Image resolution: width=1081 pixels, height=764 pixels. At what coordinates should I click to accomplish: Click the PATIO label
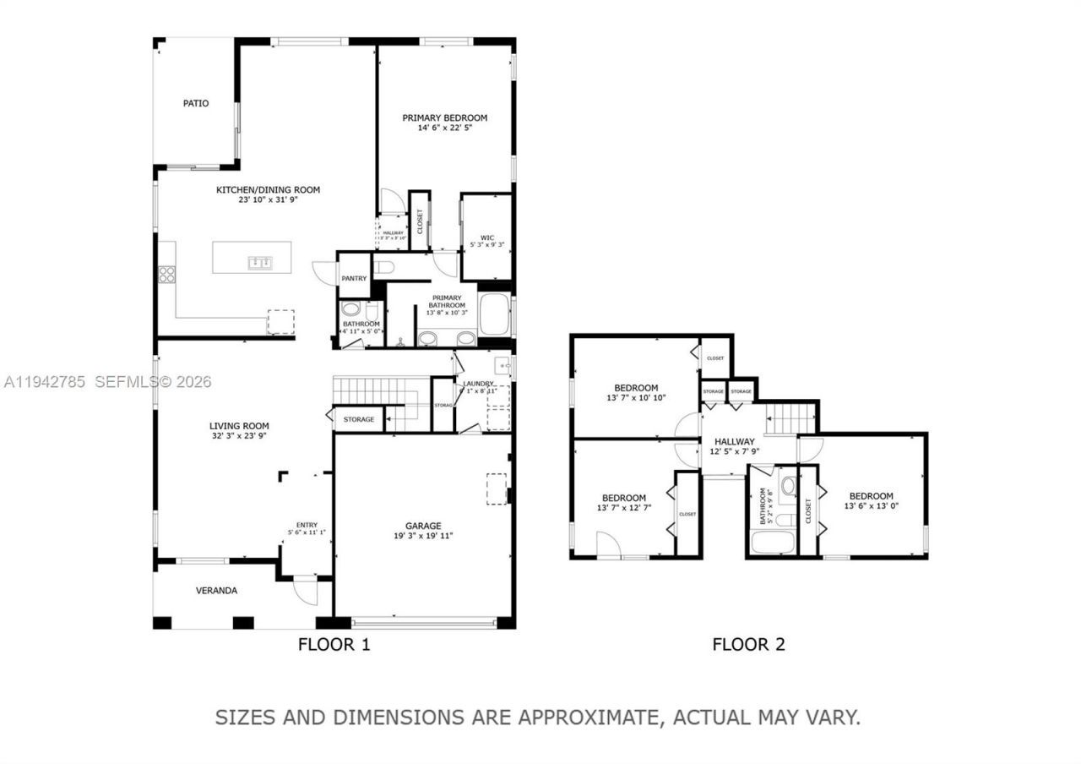[196, 103]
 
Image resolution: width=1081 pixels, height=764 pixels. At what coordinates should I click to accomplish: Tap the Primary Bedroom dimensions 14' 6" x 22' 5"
[444, 128]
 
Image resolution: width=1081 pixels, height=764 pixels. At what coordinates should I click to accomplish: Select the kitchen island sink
[259, 263]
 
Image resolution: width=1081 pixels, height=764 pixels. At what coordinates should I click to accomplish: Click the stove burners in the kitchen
[167, 274]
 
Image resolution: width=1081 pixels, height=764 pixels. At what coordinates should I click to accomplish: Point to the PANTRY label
[354, 278]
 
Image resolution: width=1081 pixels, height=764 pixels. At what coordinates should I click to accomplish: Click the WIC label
[486, 237]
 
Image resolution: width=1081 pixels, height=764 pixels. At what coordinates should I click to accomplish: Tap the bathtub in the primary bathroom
[493, 314]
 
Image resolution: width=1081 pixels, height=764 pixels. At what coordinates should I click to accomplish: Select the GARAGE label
[423, 526]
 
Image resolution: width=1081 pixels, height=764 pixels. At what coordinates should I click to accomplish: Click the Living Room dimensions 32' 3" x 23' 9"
[239, 437]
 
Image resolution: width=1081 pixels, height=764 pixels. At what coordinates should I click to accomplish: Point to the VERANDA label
[217, 591]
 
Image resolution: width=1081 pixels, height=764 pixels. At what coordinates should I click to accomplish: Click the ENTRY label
[307, 524]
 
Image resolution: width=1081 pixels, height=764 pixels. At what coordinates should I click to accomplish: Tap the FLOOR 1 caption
[334, 645]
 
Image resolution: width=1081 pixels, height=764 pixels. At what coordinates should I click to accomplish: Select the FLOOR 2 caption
[748, 645]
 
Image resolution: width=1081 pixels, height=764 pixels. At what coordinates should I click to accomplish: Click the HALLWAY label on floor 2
[734, 441]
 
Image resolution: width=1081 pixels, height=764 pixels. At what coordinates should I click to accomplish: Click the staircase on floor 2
[791, 417]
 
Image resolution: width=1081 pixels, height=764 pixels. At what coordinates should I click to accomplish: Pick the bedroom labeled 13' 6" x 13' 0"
[871, 506]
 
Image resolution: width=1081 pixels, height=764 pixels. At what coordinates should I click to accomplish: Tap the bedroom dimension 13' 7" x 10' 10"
[636, 398]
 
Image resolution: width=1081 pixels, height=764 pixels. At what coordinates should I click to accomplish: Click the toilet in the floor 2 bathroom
[788, 486]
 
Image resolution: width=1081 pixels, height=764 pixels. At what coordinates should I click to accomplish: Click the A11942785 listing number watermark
[44, 382]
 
